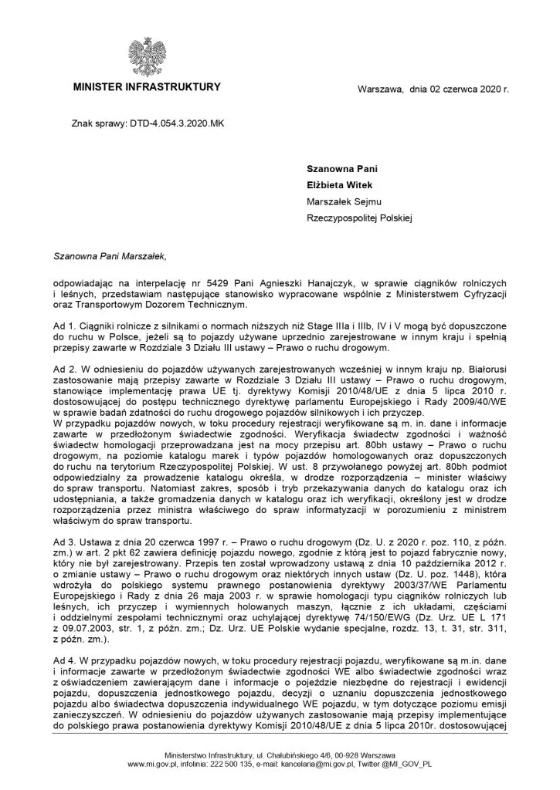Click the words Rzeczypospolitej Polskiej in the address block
pyautogui.click(x=360, y=219)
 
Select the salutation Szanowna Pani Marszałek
pyautogui.click(x=110, y=252)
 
